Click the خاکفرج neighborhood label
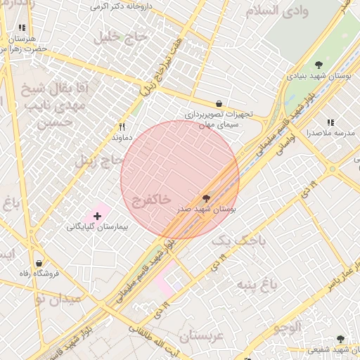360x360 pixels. coord(151,200)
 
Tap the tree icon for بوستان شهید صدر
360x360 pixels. coord(206,199)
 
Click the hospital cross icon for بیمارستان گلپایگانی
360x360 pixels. coord(97,215)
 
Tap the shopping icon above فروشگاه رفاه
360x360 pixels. coord(38,264)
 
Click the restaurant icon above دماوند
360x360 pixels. coord(122,127)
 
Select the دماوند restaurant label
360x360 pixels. coord(122,138)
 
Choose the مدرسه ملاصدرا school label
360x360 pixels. coord(330,133)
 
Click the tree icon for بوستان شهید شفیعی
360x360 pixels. coord(341,339)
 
